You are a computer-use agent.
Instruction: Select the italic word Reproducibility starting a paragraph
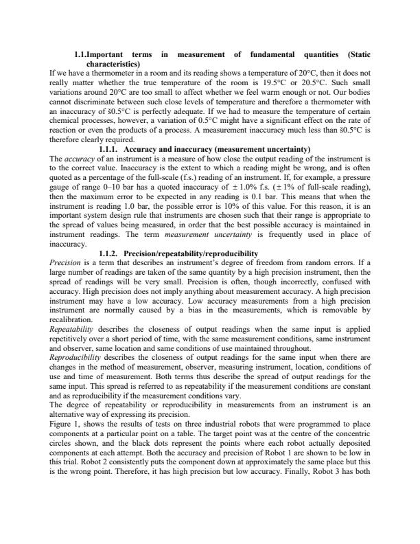(x=75, y=357)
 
